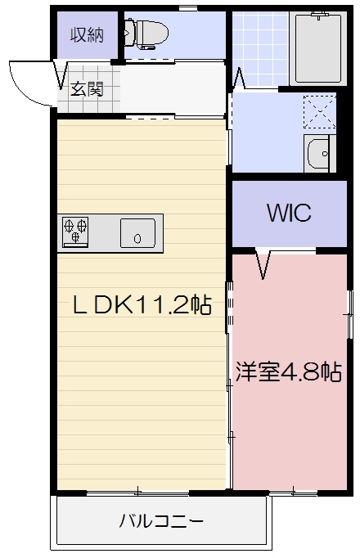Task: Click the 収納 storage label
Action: click(x=87, y=35)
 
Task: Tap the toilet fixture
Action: click(x=146, y=34)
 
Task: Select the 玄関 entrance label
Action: click(x=86, y=88)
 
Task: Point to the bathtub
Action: click(x=317, y=48)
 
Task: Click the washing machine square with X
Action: click(x=319, y=112)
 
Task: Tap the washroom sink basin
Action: click(x=319, y=152)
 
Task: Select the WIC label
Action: click(x=288, y=213)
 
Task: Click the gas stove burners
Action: click(x=75, y=232)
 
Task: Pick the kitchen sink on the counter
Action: click(x=137, y=233)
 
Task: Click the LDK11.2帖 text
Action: click(x=142, y=306)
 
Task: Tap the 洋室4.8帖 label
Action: click(x=288, y=372)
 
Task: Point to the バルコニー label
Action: click(x=161, y=520)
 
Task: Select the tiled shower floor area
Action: click(x=257, y=48)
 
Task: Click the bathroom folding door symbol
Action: click(x=239, y=78)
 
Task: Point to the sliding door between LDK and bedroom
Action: click(x=229, y=311)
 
